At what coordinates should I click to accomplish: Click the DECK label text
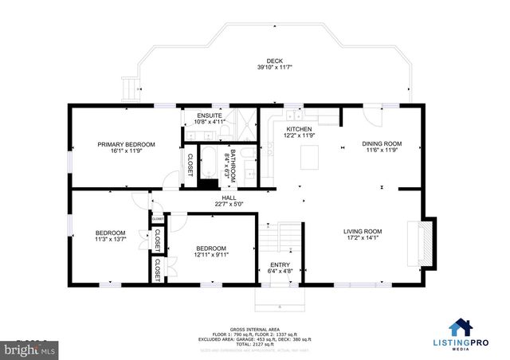pyautogui.click(x=274, y=61)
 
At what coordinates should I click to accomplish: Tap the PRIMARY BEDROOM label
pyautogui.click(x=126, y=144)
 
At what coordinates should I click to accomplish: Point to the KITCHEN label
pyautogui.click(x=299, y=129)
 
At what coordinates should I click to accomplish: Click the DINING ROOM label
pyautogui.click(x=382, y=144)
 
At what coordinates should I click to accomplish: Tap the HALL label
pyautogui.click(x=229, y=198)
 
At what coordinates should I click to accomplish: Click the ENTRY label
pyautogui.click(x=280, y=265)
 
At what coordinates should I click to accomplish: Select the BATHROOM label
pyautogui.click(x=233, y=162)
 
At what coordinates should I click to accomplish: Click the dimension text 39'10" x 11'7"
pyautogui.click(x=274, y=68)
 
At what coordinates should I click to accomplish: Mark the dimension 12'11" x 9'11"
pyautogui.click(x=211, y=255)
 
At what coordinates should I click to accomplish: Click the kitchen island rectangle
pyautogui.click(x=310, y=159)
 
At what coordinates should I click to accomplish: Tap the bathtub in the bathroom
pyautogui.click(x=208, y=162)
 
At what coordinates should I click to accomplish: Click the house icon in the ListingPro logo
pyautogui.click(x=460, y=328)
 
